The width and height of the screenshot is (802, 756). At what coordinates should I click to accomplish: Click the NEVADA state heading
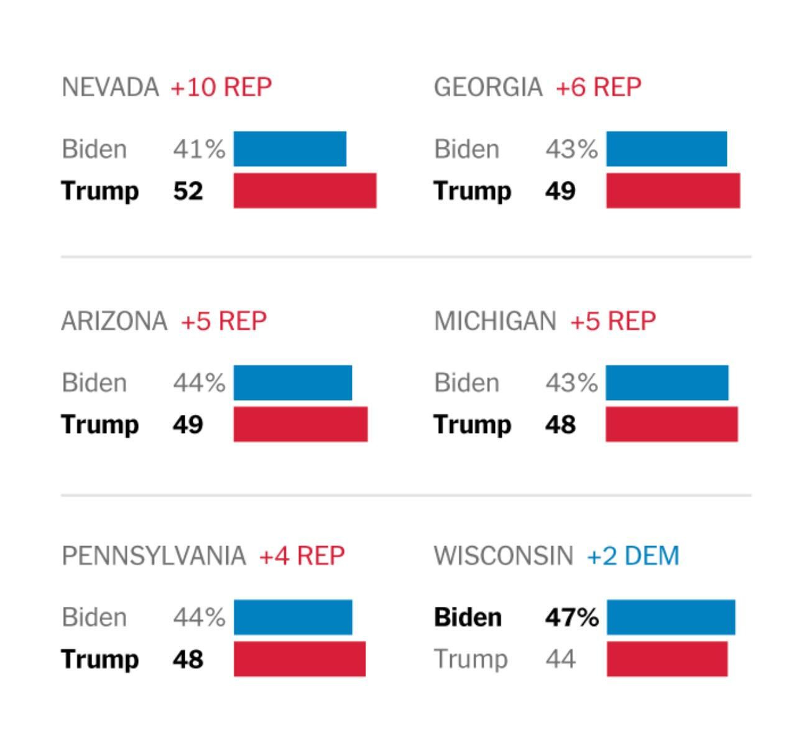point(110,87)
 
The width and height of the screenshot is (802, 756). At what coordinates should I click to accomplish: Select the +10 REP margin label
point(221,87)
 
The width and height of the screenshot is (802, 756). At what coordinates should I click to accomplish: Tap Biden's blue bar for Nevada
point(290,149)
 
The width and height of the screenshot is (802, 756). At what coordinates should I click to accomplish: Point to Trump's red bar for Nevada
point(305,191)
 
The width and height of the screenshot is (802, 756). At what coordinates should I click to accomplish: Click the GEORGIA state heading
point(488,87)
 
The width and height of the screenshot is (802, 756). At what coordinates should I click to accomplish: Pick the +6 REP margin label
point(598,87)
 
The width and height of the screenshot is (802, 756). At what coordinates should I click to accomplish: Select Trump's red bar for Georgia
point(673,191)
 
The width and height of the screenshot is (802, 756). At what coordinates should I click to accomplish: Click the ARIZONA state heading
point(114,321)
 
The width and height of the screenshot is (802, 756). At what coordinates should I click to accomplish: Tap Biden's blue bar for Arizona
point(292,383)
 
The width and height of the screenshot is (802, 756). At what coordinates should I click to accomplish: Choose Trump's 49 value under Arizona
point(188,425)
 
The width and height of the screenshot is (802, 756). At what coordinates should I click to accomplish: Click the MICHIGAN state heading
point(495,321)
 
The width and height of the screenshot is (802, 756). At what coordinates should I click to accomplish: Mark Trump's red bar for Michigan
point(671,425)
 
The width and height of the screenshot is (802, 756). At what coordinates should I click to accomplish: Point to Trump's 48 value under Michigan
point(560,425)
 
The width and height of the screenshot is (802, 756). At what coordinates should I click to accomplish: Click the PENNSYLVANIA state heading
point(154,555)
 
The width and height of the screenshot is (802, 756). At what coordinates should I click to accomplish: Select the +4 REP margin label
point(302,555)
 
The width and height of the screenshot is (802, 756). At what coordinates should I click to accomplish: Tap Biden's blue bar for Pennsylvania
point(293,617)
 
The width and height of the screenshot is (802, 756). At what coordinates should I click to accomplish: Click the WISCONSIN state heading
point(504,555)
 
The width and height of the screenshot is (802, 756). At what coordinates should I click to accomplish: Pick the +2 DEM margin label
point(633,555)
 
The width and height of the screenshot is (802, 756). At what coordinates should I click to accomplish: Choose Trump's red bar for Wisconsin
point(666,659)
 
